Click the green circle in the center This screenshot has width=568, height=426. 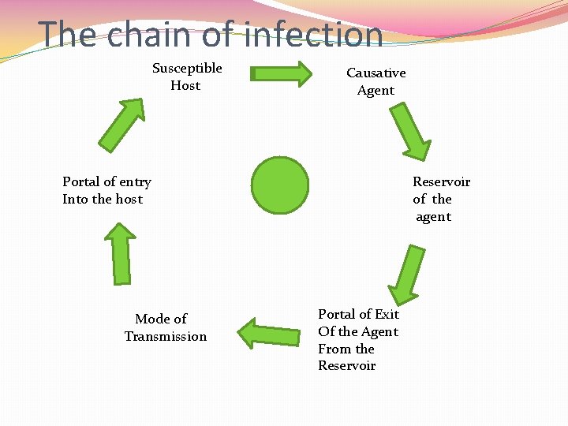point(280,185)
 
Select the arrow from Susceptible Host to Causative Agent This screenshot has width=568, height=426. point(281,73)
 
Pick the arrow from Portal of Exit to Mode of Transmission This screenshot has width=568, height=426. point(269,333)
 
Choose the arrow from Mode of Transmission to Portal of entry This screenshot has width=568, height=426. point(121,253)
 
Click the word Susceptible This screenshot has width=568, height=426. point(187,69)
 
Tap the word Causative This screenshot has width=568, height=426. point(376,73)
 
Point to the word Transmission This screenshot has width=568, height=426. point(166,337)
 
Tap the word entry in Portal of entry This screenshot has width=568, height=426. point(135,182)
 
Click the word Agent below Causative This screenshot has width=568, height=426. point(376,91)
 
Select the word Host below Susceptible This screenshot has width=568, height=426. point(185,86)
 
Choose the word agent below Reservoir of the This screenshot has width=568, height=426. point(434,217)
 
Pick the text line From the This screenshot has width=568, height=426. point(346,349)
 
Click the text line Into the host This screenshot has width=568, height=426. point(103,200)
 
